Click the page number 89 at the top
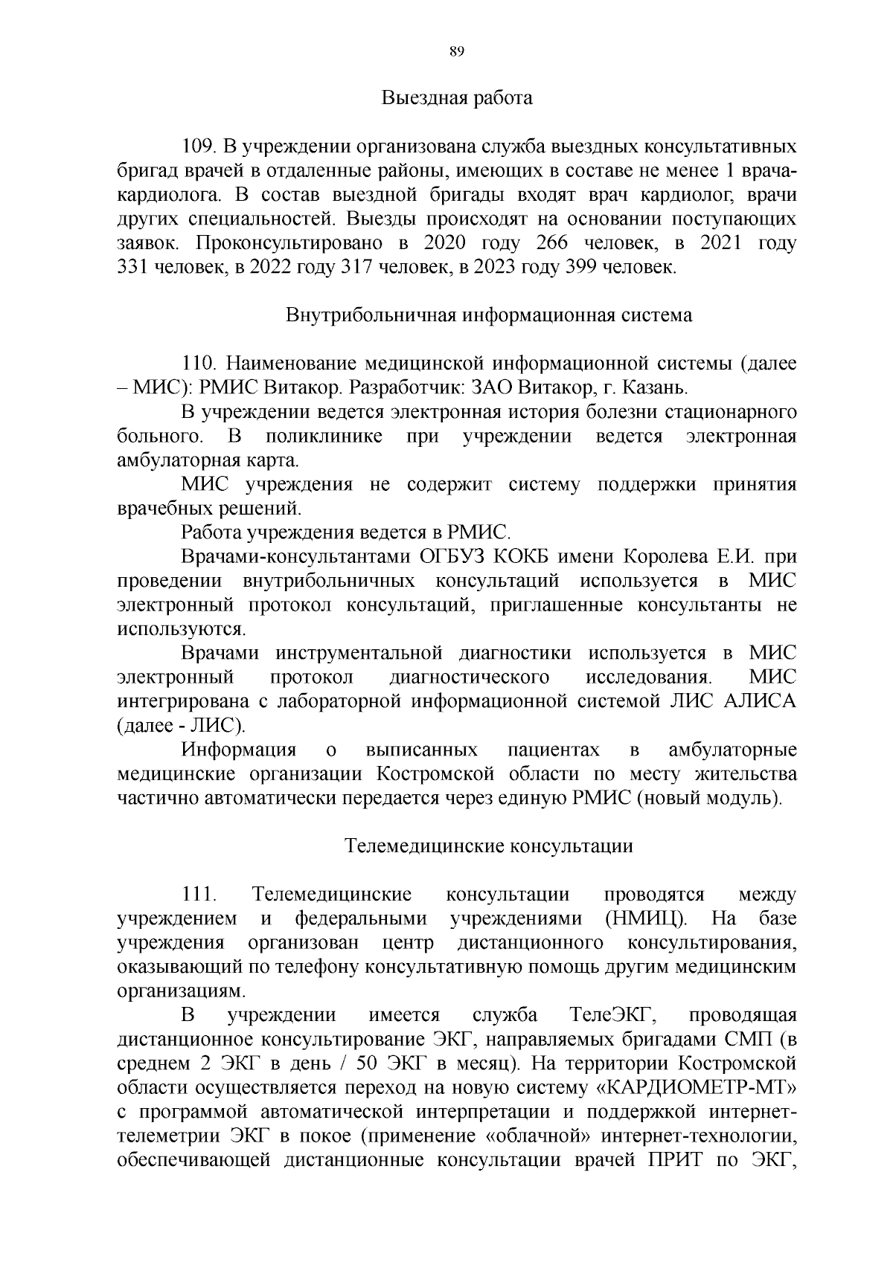457,51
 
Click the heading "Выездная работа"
458,98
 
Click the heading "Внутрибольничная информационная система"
489,315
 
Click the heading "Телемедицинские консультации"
489,846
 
